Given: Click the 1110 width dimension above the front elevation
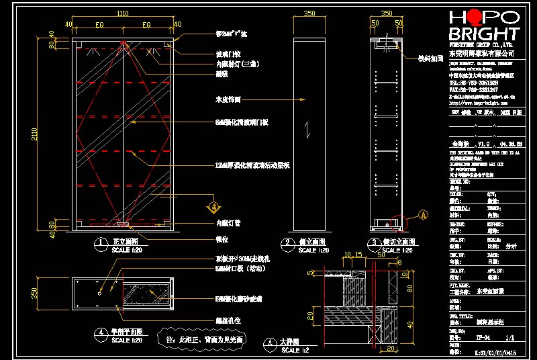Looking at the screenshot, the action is point(123,13).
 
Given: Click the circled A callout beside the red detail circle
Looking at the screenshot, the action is point(424,214).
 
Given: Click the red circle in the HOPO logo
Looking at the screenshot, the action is point(475,17).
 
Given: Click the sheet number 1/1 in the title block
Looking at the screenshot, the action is point(508,338).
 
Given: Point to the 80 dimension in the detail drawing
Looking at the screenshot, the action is point(409,289).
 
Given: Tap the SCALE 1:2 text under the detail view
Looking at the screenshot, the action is point(296,351).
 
